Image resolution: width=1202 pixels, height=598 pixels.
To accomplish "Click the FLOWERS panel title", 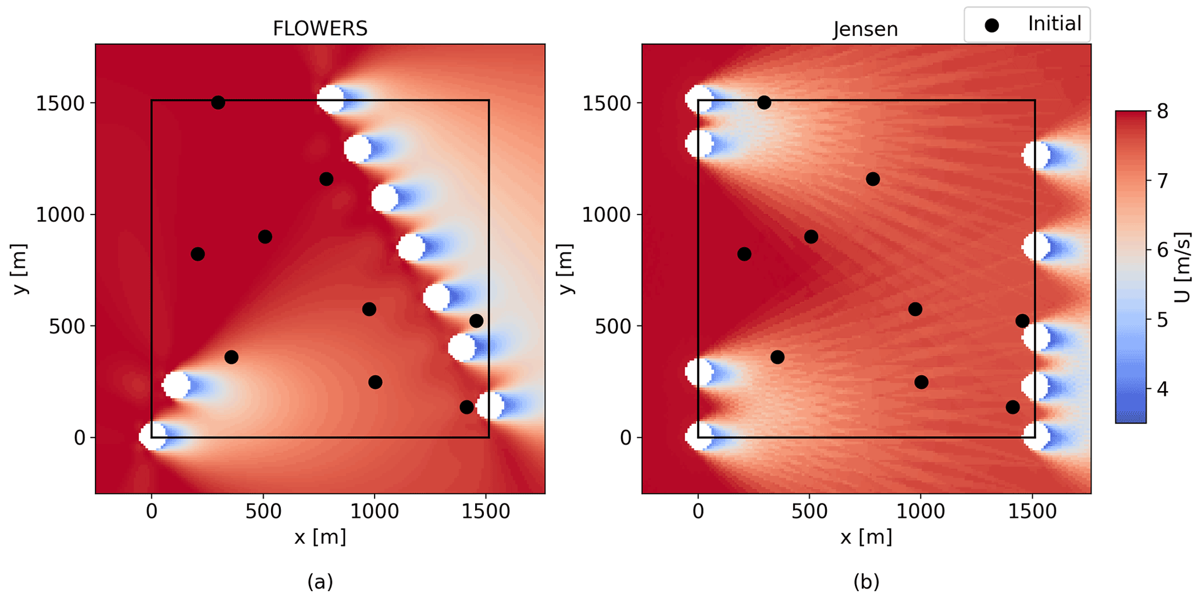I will [x=320, y=28].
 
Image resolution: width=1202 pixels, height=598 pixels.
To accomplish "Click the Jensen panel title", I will [x=865, y=29].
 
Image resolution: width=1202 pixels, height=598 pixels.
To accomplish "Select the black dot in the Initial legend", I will [x=992, y=25].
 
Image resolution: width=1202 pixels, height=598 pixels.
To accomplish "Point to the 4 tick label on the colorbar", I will [x=1162, y=389].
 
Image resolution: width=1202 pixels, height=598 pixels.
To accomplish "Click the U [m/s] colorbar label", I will [x=1182, y=267].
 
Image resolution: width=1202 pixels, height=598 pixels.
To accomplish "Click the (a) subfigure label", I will [x=320, y=581].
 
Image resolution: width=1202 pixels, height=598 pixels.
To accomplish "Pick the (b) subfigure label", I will [x=866, y=581].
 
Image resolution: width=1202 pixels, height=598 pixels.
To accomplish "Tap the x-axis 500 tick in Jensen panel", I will [x=809, y=511].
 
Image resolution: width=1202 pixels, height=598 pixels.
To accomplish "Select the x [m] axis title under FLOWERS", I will [x=320, y=537].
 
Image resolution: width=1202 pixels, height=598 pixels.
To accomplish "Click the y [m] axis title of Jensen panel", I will [x=565, y=268].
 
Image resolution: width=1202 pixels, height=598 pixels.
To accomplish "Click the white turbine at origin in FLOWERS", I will [x=152, y=436].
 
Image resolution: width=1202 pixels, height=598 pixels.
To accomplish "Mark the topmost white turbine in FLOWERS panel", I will [x=330, y=99].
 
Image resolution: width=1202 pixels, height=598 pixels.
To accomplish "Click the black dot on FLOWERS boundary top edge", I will [x=218, y=102].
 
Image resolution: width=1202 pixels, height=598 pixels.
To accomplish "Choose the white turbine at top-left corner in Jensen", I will [x=698, y=99].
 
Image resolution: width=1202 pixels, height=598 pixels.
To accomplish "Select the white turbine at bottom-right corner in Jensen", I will [x=1036, y=437].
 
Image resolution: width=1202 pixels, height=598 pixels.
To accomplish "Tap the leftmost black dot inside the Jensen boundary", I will [x=744, y=254].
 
